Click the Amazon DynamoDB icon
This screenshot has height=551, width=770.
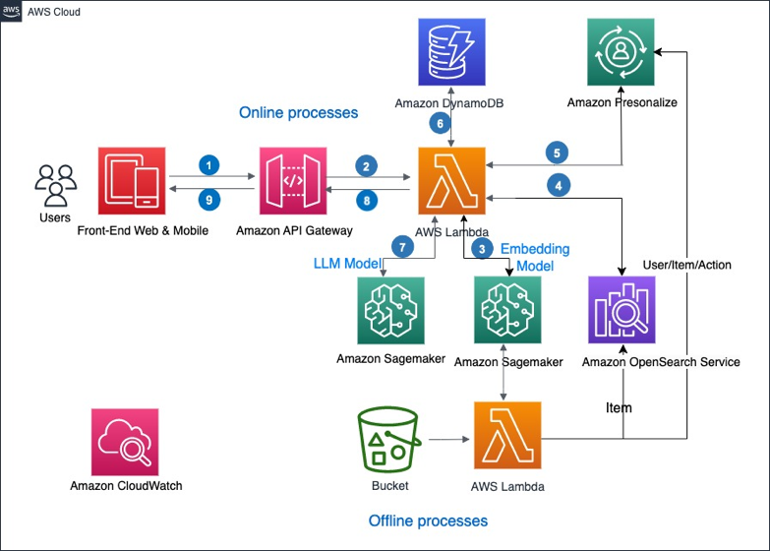451,52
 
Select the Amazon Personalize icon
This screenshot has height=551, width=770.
621,52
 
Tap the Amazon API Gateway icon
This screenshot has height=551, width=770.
293,181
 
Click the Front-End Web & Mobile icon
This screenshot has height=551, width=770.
132,181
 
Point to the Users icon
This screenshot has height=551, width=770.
55,185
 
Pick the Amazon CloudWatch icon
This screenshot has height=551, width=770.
125,442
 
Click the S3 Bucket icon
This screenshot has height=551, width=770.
388,440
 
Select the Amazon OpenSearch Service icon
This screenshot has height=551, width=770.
622,310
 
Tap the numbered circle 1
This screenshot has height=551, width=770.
209,165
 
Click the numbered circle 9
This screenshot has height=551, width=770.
209,200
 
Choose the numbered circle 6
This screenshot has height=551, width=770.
440,123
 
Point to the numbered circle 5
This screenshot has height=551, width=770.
557,153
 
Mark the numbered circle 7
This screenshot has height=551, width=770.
402,247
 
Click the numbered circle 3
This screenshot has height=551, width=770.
482,249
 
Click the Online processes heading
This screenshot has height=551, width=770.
299,112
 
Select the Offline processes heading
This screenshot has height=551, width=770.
428,520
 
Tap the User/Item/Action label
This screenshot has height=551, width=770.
687,265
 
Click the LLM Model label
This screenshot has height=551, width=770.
347,264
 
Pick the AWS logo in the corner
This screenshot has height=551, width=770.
11,11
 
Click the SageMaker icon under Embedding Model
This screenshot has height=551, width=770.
507,310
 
